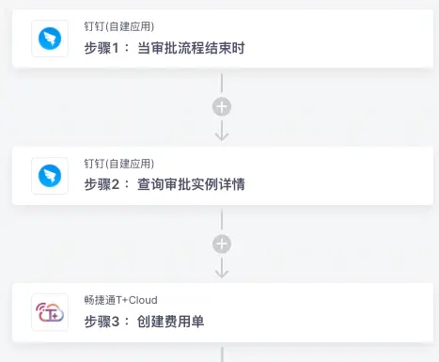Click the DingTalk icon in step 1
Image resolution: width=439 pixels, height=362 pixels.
50,38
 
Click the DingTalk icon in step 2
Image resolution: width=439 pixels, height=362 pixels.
50,176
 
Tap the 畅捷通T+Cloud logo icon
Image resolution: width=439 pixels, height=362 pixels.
50,313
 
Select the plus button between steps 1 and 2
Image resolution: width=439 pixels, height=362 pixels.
222,106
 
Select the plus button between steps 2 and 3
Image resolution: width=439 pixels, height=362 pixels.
222,244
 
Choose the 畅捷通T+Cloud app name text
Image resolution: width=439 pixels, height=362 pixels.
120,300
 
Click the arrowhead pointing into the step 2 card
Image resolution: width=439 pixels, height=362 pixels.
222,135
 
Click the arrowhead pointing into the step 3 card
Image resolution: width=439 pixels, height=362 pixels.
222,273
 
